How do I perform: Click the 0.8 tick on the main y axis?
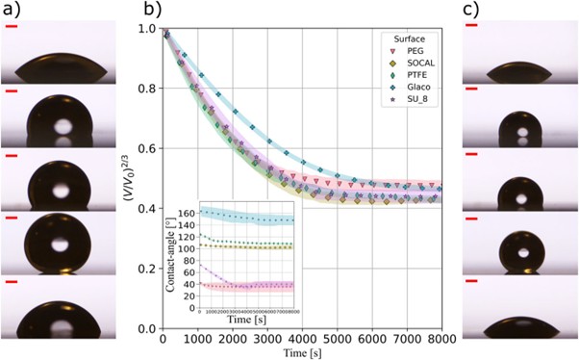150,89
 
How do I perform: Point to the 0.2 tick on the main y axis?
150,269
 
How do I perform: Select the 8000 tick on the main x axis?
441,339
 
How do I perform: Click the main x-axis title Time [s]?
302,351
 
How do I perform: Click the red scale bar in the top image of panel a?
12,26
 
